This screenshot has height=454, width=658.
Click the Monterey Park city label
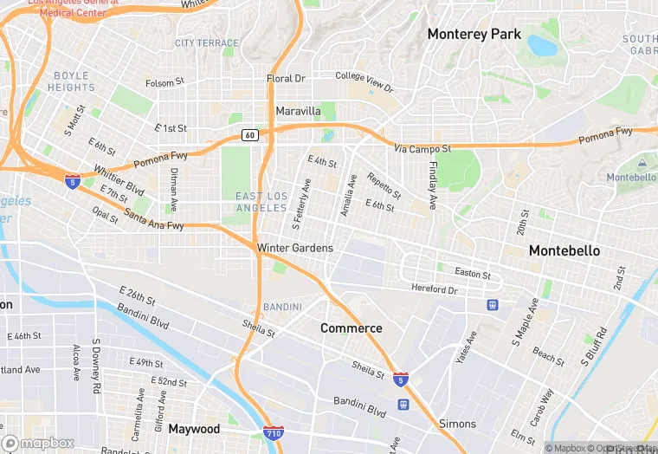(x=474, y=35)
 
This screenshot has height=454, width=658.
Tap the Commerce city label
(x=351, y=328)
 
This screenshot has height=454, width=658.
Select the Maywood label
(x=194, y=429)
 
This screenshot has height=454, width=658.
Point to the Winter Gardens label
(x=294, y=249)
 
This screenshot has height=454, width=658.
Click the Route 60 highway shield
(x=249, y=135)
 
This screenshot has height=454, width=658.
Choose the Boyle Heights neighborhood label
(x=73, y=81)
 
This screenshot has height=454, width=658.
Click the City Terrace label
(x=206, y=43)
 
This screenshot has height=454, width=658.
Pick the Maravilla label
(x=298, y=112)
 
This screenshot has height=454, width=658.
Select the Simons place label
(x=457, y=424)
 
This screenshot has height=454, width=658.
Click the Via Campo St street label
(x=423, y=149)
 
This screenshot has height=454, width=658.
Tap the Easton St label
(x=474, y=275)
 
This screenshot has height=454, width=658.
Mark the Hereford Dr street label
(x=434, y=289)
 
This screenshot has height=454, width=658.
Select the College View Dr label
(x=364, y=82)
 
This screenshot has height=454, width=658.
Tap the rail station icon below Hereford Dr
(x=492, y=305)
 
